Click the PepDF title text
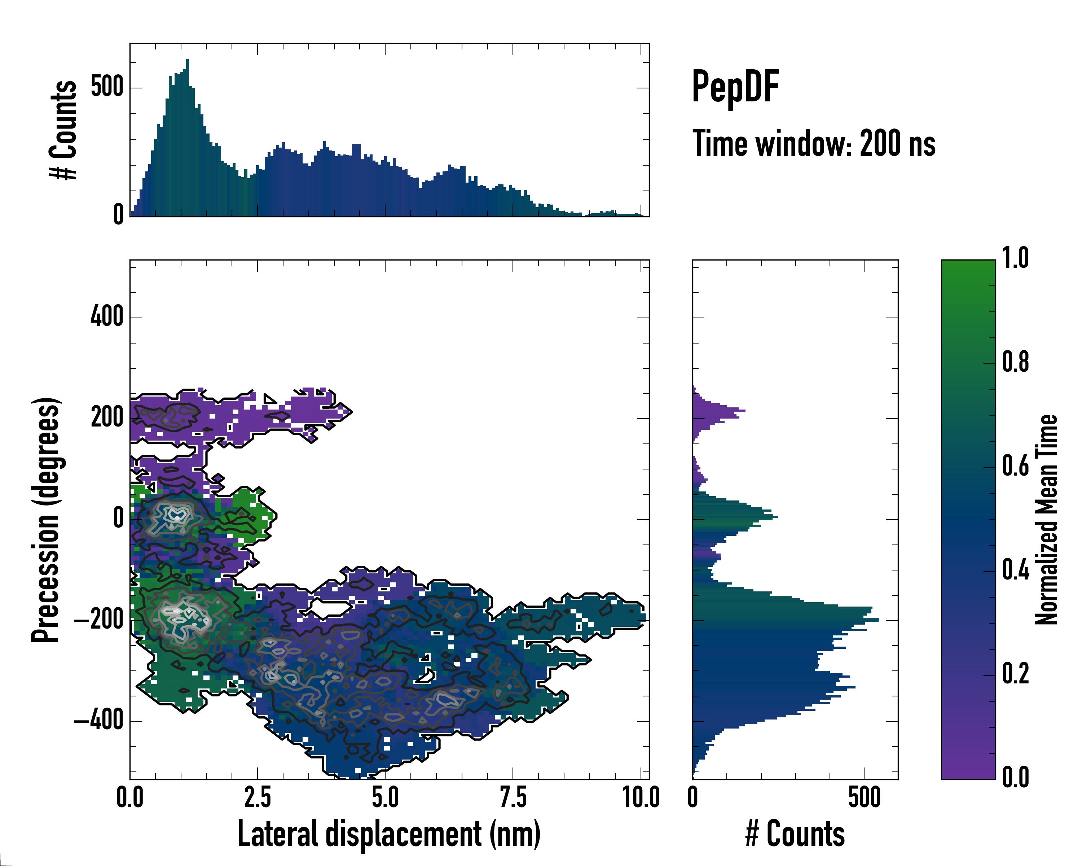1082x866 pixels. coord(735,87)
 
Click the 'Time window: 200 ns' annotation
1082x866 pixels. coord(814,144)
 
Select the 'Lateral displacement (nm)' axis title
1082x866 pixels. coord(389,834)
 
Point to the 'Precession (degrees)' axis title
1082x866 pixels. coord(46,520)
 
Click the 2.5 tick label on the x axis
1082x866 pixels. coord(258,798)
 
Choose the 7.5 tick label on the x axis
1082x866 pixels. coord(513,798)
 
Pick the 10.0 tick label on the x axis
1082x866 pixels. coord(641,798)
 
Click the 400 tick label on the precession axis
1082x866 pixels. coord(106,317)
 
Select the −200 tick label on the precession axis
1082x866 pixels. coord(98,621)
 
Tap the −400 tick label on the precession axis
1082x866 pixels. coord(98,721)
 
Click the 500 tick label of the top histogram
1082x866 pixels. coord(107,87)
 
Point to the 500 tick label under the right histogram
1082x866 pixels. coord(864,798)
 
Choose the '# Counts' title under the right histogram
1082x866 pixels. coord(795,834)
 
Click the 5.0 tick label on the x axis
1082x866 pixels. coord(385,798)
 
